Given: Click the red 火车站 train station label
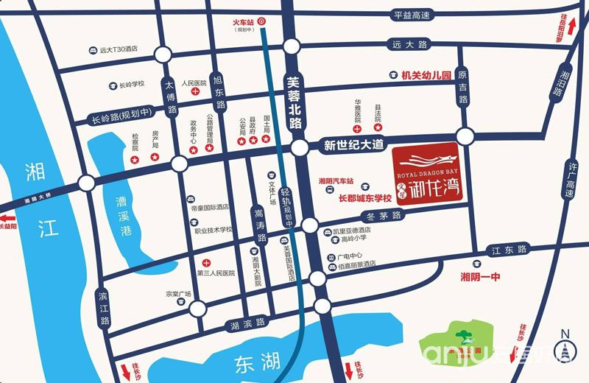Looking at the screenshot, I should pos(239,23).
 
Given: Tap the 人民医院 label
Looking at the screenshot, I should pos(194,84).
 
